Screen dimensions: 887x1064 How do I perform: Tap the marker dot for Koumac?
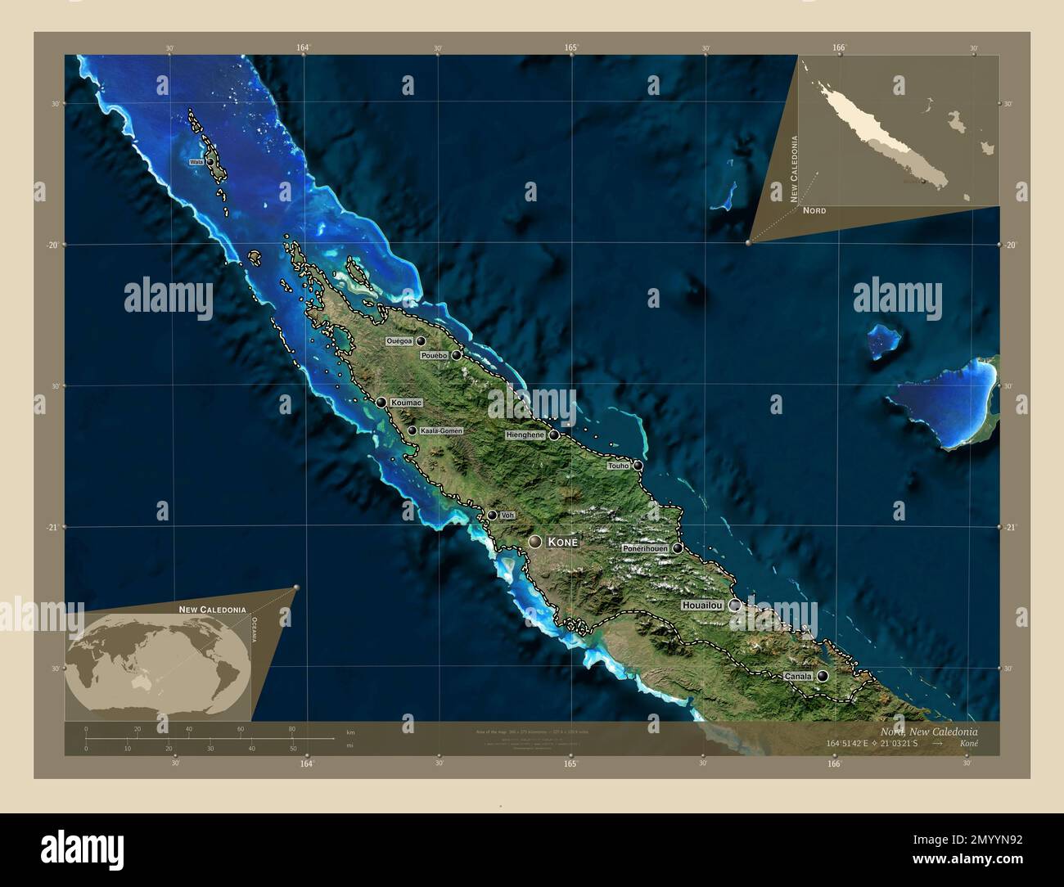381,402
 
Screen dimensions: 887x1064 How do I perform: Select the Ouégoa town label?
399,341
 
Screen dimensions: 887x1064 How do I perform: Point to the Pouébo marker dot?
456,355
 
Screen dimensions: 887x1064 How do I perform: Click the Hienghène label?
525,435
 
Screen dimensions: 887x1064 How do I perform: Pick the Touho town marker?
638,466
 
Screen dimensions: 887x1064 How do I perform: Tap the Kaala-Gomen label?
441,430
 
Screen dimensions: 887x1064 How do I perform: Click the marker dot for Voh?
492,515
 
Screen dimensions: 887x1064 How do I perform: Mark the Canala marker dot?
822,676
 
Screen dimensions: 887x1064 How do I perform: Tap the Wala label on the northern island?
196,162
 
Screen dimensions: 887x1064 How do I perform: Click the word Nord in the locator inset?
814,210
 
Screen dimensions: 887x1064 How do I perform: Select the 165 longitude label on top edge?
570,48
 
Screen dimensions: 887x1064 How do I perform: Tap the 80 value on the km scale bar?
292,728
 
